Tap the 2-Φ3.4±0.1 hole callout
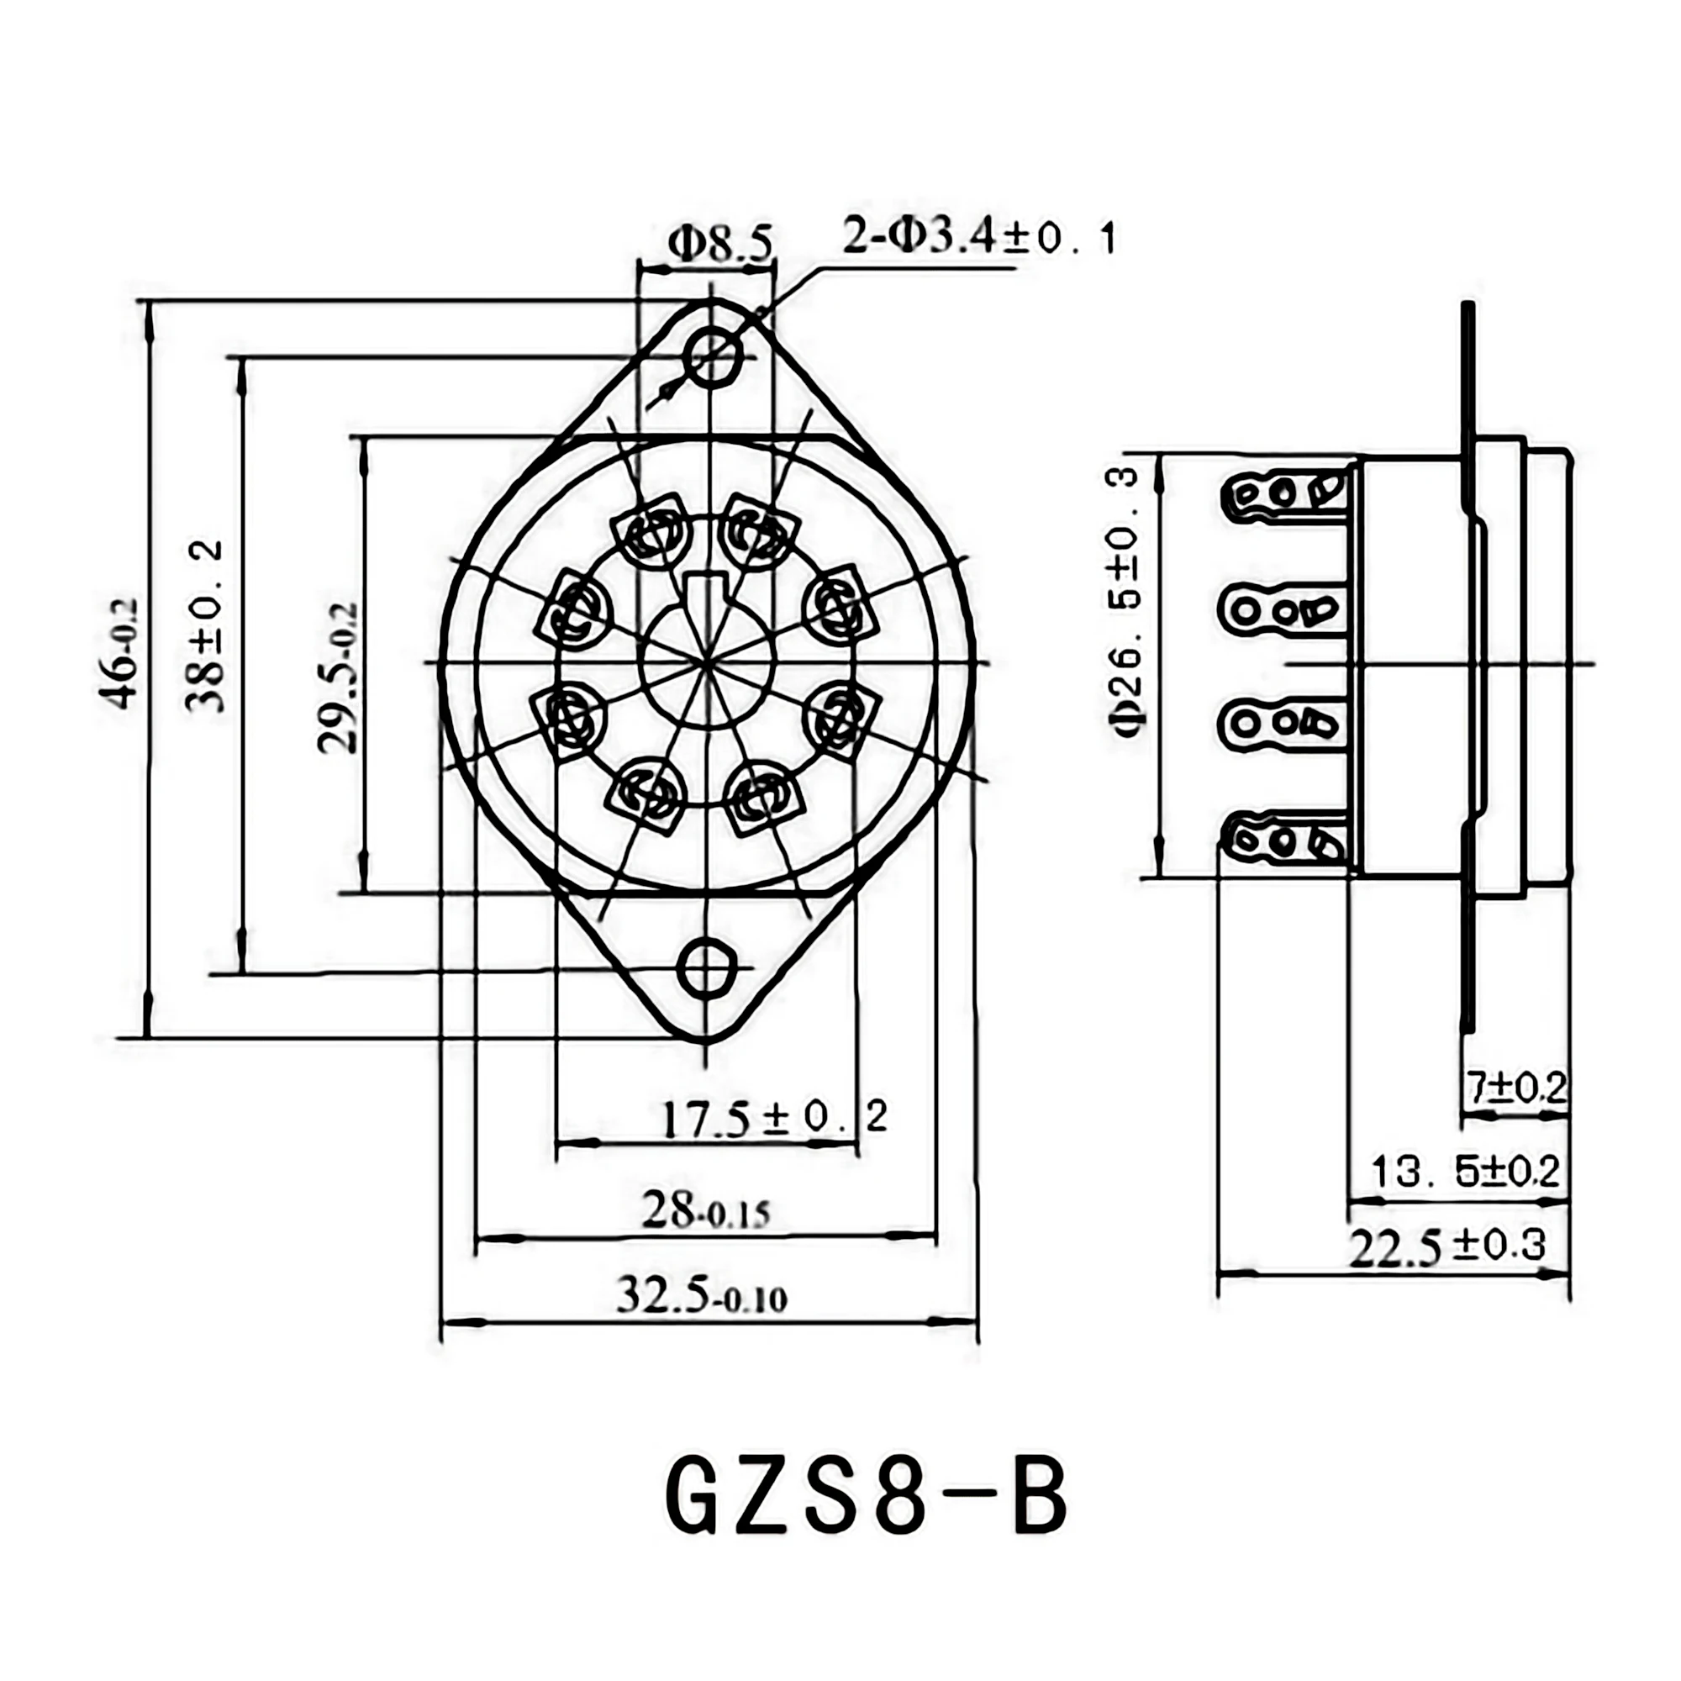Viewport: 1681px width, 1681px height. point(979,239)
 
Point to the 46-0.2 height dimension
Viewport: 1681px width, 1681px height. point(122,652)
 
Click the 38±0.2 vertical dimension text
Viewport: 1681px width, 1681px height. point(205,626)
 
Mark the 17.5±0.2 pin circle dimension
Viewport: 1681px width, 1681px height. point(774,1118)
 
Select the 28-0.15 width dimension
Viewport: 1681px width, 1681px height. point(706,1211)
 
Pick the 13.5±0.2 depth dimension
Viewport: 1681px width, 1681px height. point(1465,1171)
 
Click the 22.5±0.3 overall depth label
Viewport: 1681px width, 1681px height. point(1447,1247)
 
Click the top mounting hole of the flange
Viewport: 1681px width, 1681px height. point(713,356)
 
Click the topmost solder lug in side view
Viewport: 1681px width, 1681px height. point(1283,494)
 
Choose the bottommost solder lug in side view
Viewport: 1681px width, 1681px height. point(1283,840)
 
